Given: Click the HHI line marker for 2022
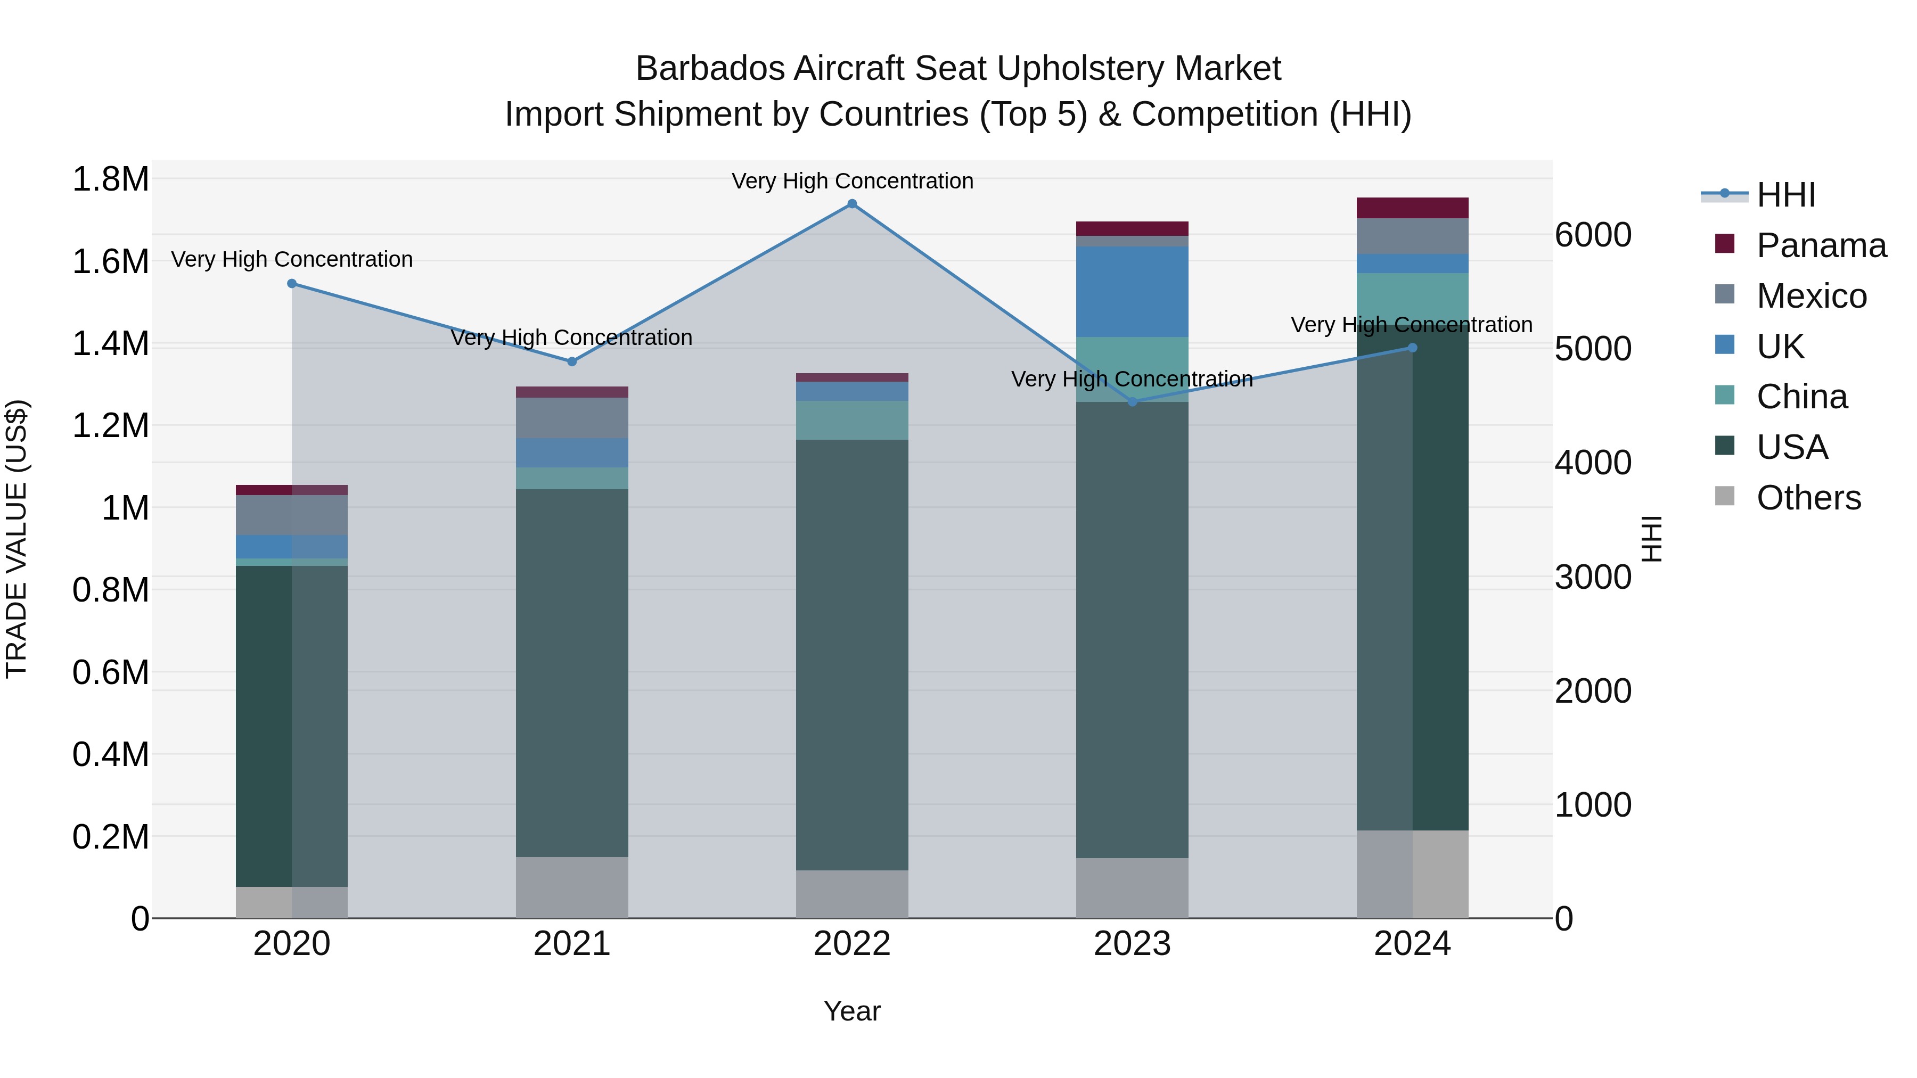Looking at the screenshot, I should (x=852, y=204).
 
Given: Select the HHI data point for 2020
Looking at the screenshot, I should (x=292, y=283).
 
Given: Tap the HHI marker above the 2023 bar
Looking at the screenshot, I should (x=1133, y=402).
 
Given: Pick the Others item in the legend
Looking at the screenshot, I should (x=1808, y=498).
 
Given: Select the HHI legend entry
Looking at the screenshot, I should (x=1785, y=195).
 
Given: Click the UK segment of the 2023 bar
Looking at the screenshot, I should (x=1132, y=292).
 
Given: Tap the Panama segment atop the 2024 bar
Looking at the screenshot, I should (x=1412, y=208).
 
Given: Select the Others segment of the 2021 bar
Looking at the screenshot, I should (x=571, y=887).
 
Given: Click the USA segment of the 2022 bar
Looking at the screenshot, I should (x=852, y=655).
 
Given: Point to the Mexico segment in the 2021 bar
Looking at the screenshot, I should (x=571, y=418).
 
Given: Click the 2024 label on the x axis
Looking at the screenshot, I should (x=1412, y=944).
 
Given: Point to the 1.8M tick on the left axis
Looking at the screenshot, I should (x=110, y=179).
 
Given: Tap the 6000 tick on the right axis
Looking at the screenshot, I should (x=1593, y=235).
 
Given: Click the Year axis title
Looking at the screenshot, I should (x=851, y=1011).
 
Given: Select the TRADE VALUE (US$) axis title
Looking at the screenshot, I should (x=17, y=539).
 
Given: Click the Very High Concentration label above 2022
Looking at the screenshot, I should (x=852, y=181).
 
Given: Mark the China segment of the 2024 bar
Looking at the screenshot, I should (x=1412, y=298).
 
